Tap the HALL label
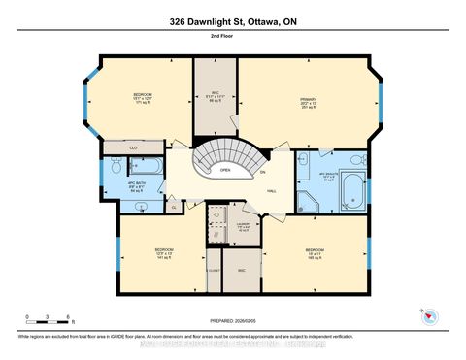click(x=273, y=191)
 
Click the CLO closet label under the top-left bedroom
click(x=133, y=147)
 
